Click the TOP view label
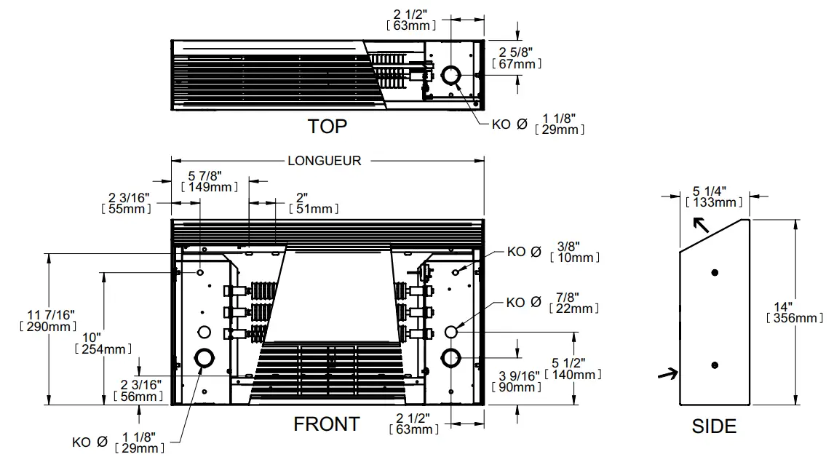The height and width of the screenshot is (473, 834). (327, 127)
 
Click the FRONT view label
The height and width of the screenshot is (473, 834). (326, 424)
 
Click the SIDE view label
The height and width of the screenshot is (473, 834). (714, 426)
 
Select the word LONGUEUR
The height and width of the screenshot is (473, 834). (324, 161)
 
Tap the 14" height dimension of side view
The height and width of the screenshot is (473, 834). (795, 312)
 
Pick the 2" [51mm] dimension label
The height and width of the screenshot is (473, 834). (314, 203)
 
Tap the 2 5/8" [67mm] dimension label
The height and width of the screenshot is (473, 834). (517, 58)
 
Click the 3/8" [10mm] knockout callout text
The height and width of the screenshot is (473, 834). (575, 252)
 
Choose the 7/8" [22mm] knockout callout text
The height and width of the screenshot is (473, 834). (575, 303)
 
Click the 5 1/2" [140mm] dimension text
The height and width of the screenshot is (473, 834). (575, 369)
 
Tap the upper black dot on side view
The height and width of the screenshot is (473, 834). (715, 272)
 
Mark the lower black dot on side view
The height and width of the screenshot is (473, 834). (715, 365)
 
